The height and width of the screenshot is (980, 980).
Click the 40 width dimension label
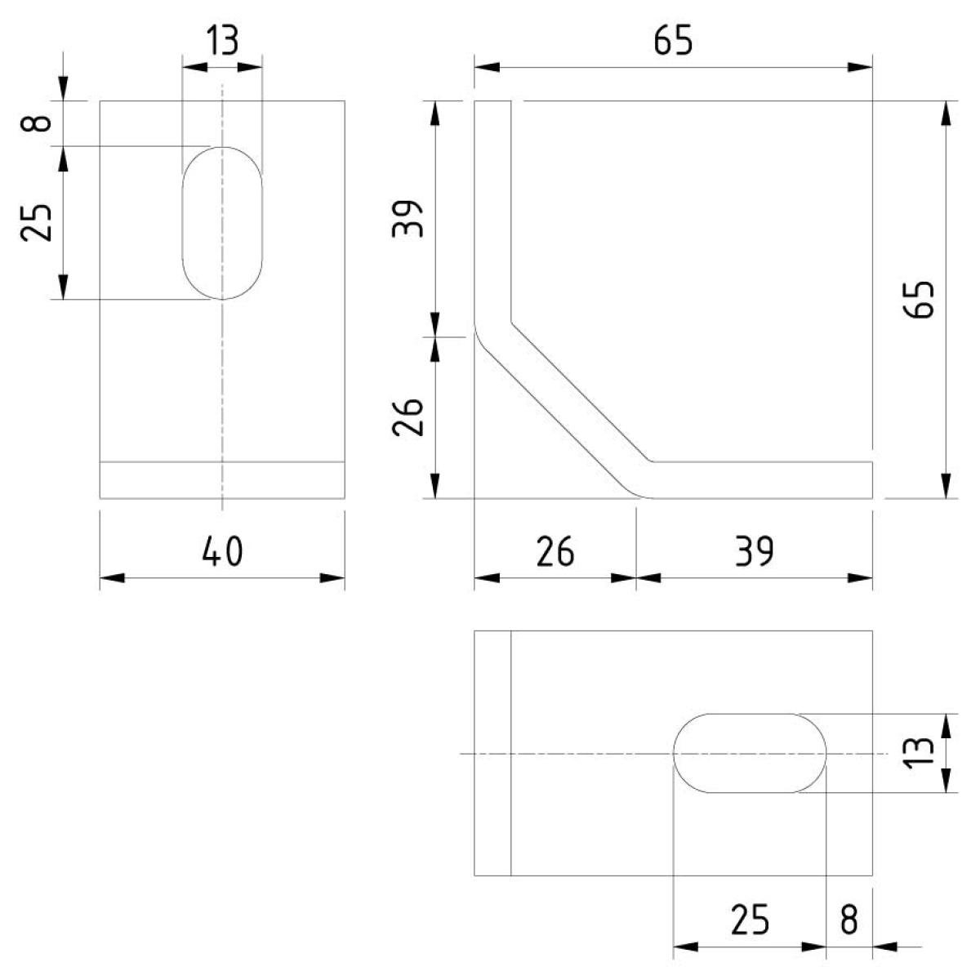(x=222, y=551)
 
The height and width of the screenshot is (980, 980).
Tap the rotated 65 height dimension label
(x=920, y=300)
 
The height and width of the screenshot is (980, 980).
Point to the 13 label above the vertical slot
(x=222, y=40)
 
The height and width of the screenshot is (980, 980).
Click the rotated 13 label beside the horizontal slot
(x=920, y=753)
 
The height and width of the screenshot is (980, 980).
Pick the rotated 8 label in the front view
(x=36, y=123)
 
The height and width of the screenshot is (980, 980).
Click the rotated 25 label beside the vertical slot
(x=36, y=223)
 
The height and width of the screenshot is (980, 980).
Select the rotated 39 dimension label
(x=407, y=219)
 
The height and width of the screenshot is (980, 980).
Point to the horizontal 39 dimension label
(x=755, y=551)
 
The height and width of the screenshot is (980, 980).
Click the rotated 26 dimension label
(x=407, y=417)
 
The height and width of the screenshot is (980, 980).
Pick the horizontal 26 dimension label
(x=555, y=551)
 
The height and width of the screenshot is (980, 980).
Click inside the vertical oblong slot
(x=222, y=223)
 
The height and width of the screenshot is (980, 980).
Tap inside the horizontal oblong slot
(x=750, y=753)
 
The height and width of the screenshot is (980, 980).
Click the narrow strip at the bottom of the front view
(x=222, y=480)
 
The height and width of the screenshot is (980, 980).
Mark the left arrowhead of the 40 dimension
(x=112, y=578)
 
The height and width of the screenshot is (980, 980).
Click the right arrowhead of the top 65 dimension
(x=860, y=67)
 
